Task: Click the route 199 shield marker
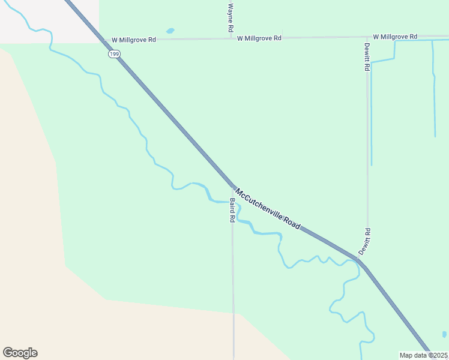pyautogui.click(x=113, y=55)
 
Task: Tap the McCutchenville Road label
pyautogui.click(x=267, y=209)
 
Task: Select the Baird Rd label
pyautogui.click(x=232, y=211)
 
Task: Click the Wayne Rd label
pyautogui.click(x=230, y=18)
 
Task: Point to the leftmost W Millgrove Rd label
pyautogui.click(x=133, y=40)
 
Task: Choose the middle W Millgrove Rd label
pyautogui.click(x=259, y=38)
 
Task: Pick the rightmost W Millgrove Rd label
pyautogui.click(x=394, y=37)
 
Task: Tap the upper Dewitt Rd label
pyautogui.click(x=367, y=57)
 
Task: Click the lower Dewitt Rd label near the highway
pyautogui.click(x=365, y=241)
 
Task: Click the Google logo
pyautogui.click(x=20, y=353)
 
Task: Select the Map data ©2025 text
pyautogui.click(x=424, y=355)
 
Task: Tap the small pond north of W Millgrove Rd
pyautogui.click(x=170, y=31)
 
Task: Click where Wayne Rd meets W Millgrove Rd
pyautogui.click(x=231, y=38)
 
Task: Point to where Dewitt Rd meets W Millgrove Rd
pyautogui.click(x=367, y=37)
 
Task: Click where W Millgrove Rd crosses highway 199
pyautogui.click(x=103, y=40)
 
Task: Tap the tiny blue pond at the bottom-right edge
pyautogui.click(x=444, y=334)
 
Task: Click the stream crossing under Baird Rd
pyautogui.click(x=232, y=203)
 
